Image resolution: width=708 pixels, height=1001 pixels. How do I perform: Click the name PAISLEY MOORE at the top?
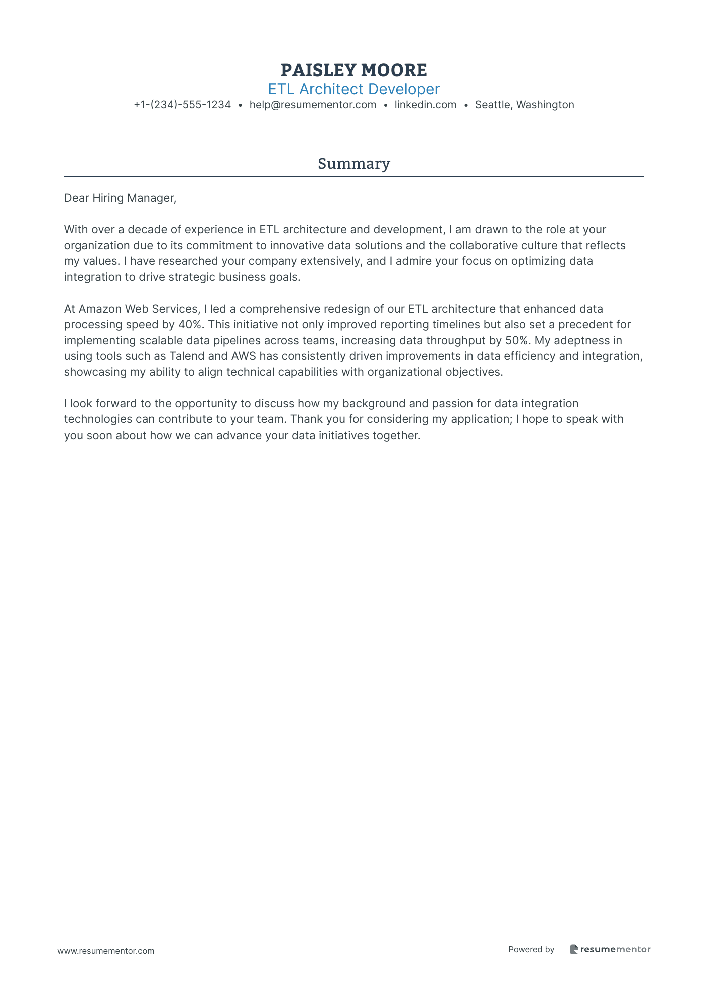tap(353, 70)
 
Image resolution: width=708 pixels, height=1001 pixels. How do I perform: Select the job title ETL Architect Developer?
tap(353, 89)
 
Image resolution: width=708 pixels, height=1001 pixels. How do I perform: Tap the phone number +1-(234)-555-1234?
tap(182, 105)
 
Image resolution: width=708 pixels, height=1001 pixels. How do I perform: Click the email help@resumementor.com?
tap(312, 105)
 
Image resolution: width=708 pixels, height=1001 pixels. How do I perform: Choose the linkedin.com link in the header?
tap(425, 105)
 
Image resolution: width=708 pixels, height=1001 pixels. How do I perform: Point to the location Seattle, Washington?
tap(524, 105)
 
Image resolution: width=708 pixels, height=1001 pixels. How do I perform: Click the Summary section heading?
tap(353, 164)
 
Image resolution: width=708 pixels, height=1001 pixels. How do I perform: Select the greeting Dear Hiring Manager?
tap(120, 198)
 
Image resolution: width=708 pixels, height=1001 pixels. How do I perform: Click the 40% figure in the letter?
tap(189, 325)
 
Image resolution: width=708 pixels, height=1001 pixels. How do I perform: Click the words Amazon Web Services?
tap(139, 309)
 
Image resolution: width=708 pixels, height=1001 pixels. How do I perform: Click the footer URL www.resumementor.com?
tap(106, 951)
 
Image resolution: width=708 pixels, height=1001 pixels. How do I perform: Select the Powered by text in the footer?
tap(531, 949)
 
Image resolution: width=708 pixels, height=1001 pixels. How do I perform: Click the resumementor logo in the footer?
tap(610, 949)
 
